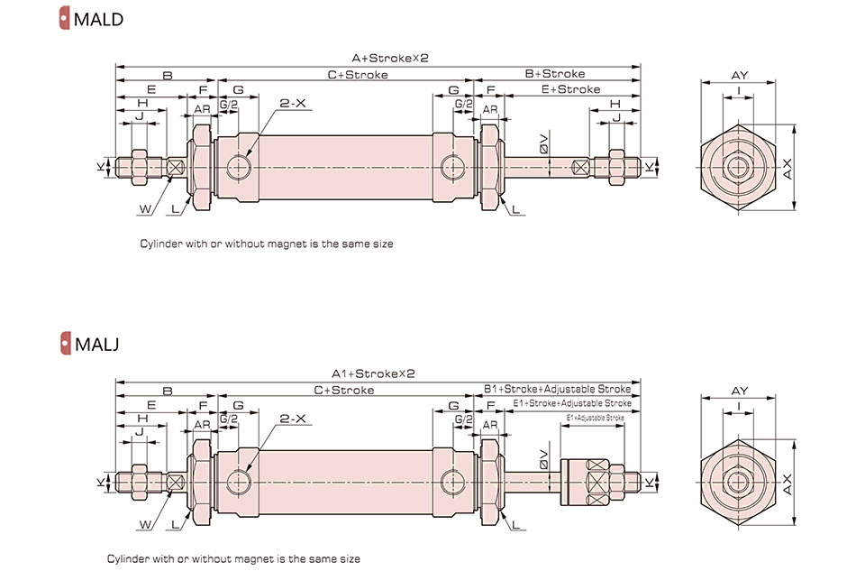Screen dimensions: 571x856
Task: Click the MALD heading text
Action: (x=98, y=18)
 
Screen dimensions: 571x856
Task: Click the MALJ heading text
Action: (x=96, y=344)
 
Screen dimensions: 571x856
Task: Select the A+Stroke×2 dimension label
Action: (x=377, y=58)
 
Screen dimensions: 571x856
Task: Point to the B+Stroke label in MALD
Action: (x=554, y=74)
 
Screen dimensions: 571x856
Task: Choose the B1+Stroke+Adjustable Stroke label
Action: (x=557, y=389)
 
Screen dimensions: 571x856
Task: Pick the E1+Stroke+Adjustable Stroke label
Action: (x=571, y=403)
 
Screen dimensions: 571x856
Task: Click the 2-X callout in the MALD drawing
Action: (x=293, y=104)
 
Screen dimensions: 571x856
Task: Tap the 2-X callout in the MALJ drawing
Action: (x=293, y=419)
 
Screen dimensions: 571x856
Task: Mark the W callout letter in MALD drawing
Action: (x=144, y=208)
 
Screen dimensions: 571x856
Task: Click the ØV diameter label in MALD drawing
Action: (x=542, y=143)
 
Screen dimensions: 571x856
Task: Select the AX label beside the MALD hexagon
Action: (x=788, y=167)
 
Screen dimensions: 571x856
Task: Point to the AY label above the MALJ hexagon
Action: (x=740, y=391)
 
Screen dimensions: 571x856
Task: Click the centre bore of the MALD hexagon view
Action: (x=740, y=167)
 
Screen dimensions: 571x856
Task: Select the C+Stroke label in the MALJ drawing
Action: (x=343, y=390)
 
